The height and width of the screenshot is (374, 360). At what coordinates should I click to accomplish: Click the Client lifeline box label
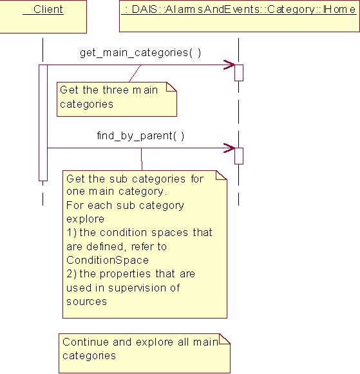point(48,10)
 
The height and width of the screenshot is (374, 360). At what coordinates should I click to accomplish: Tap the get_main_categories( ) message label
point(140,53)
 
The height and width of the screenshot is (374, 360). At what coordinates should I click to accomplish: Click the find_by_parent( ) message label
point(140,135)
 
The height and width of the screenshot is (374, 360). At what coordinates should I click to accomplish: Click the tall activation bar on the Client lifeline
point(43,123)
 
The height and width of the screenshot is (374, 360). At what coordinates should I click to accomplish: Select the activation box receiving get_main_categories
point(239,73)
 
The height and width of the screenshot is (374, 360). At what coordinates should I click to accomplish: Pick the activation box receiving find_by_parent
point(239,156)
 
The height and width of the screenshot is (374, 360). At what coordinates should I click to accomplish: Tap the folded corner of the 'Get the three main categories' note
point(171,87)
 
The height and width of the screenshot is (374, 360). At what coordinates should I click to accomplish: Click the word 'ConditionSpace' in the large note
point(108,261)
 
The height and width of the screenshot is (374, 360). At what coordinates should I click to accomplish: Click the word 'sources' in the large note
point(87,302)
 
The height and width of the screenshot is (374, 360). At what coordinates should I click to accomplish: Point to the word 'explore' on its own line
point(85,219)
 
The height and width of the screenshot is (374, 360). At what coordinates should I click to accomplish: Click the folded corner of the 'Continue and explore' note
point(224,339)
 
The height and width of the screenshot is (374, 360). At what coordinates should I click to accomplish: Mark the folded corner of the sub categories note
point(222,175)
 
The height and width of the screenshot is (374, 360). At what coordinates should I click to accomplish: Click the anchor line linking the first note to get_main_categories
point(135,74)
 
